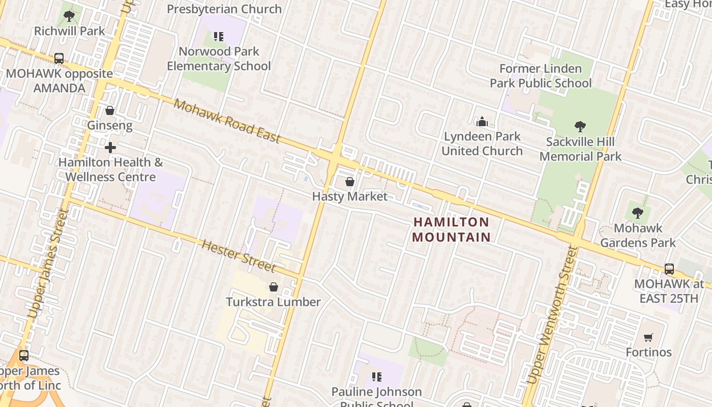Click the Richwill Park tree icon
69,16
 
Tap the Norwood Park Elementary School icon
219,37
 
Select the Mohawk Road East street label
227,121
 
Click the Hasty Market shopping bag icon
350,182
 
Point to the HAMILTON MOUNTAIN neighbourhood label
451,229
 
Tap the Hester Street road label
239,256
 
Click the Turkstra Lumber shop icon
274,287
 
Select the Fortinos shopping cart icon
648,337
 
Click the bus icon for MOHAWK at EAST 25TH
669,269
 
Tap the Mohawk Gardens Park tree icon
638,213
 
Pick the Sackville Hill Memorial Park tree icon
580,127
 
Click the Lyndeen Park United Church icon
482,122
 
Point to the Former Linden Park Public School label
541,75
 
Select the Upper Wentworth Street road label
549,315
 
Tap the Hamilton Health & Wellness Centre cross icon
110,148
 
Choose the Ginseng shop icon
110,110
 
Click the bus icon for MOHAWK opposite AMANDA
59,59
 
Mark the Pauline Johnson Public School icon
377,377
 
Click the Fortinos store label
648,352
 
